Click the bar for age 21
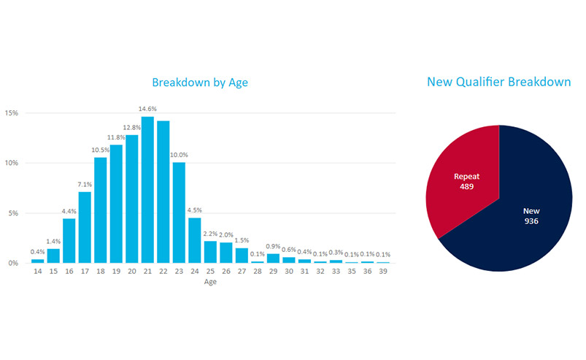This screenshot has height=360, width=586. click(x=147, y=190)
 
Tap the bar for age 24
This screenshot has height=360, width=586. click(x=195, y=240)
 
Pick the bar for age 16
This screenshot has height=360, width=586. click(x=69, y=240)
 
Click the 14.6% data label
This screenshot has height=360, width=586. click(x=147, y=109)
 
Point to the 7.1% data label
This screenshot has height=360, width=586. click(x=85, y=184)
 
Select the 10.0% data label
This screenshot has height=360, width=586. click(x=180, y=155)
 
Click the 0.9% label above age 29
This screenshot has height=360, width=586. click(x=273, y=246)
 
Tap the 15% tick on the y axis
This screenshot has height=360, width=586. click(x=12, y=113)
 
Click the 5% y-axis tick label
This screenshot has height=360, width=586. click(x=13, y=213)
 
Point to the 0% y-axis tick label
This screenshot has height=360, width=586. click(x=13, y=263)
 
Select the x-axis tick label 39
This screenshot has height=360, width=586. click(x=382, y=271)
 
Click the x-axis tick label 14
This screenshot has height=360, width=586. click(x=38, y=271)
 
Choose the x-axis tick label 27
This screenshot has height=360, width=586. click(x=242, y=271)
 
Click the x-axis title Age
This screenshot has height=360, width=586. click(x=210, y=281)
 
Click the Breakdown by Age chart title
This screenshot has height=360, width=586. click(x=199, y=83)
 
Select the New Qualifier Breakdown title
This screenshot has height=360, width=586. click(x=499, y=82)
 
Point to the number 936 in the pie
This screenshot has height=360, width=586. click(x=531, y=221)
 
